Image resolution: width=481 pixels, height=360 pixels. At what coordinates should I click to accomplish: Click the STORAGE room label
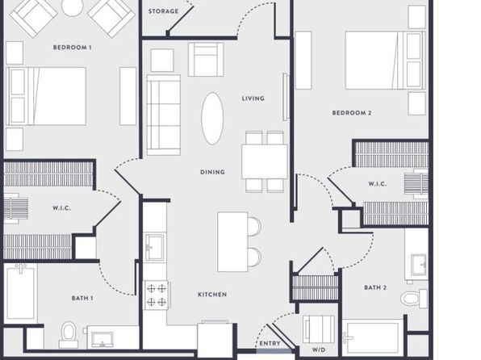click(163, 11)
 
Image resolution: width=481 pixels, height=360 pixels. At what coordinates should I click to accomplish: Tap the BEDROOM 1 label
click(73, 48)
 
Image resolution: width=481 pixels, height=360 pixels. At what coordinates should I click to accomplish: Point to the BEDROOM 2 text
click(352, 113)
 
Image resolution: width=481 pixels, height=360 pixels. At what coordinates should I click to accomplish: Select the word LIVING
click(253, 98)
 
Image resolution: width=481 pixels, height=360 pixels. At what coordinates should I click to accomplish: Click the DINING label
click(212, 172)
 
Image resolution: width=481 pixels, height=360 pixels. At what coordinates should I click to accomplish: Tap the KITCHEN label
click(212, 295)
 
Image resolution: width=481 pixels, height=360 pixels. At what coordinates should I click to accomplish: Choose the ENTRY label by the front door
click(270, 343)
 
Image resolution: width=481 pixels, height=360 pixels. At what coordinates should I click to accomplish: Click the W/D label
click(319, 350)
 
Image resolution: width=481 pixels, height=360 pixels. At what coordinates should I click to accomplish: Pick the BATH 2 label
click(375, 287)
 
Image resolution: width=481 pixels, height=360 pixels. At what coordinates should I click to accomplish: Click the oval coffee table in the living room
click(212, 119)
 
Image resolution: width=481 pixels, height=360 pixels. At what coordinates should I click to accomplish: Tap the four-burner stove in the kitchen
click(157, 295)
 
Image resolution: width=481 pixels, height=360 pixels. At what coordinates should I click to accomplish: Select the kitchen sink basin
click(155, 247)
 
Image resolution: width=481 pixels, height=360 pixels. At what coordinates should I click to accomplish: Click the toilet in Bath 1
click(69, 334)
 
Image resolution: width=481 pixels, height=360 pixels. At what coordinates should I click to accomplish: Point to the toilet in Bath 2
click(414, 299)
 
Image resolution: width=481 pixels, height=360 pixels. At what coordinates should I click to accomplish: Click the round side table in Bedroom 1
click(72, 6)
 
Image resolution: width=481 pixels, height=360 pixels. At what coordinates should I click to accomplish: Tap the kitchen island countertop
click(232, 242)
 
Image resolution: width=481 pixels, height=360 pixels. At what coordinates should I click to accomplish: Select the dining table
click(265, 161)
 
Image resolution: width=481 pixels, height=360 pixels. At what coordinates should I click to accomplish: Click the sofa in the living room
click(164, 115)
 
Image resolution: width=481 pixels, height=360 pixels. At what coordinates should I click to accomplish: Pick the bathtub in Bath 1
click(20, 294)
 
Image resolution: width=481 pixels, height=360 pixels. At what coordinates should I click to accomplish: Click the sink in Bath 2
click(419, 265)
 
